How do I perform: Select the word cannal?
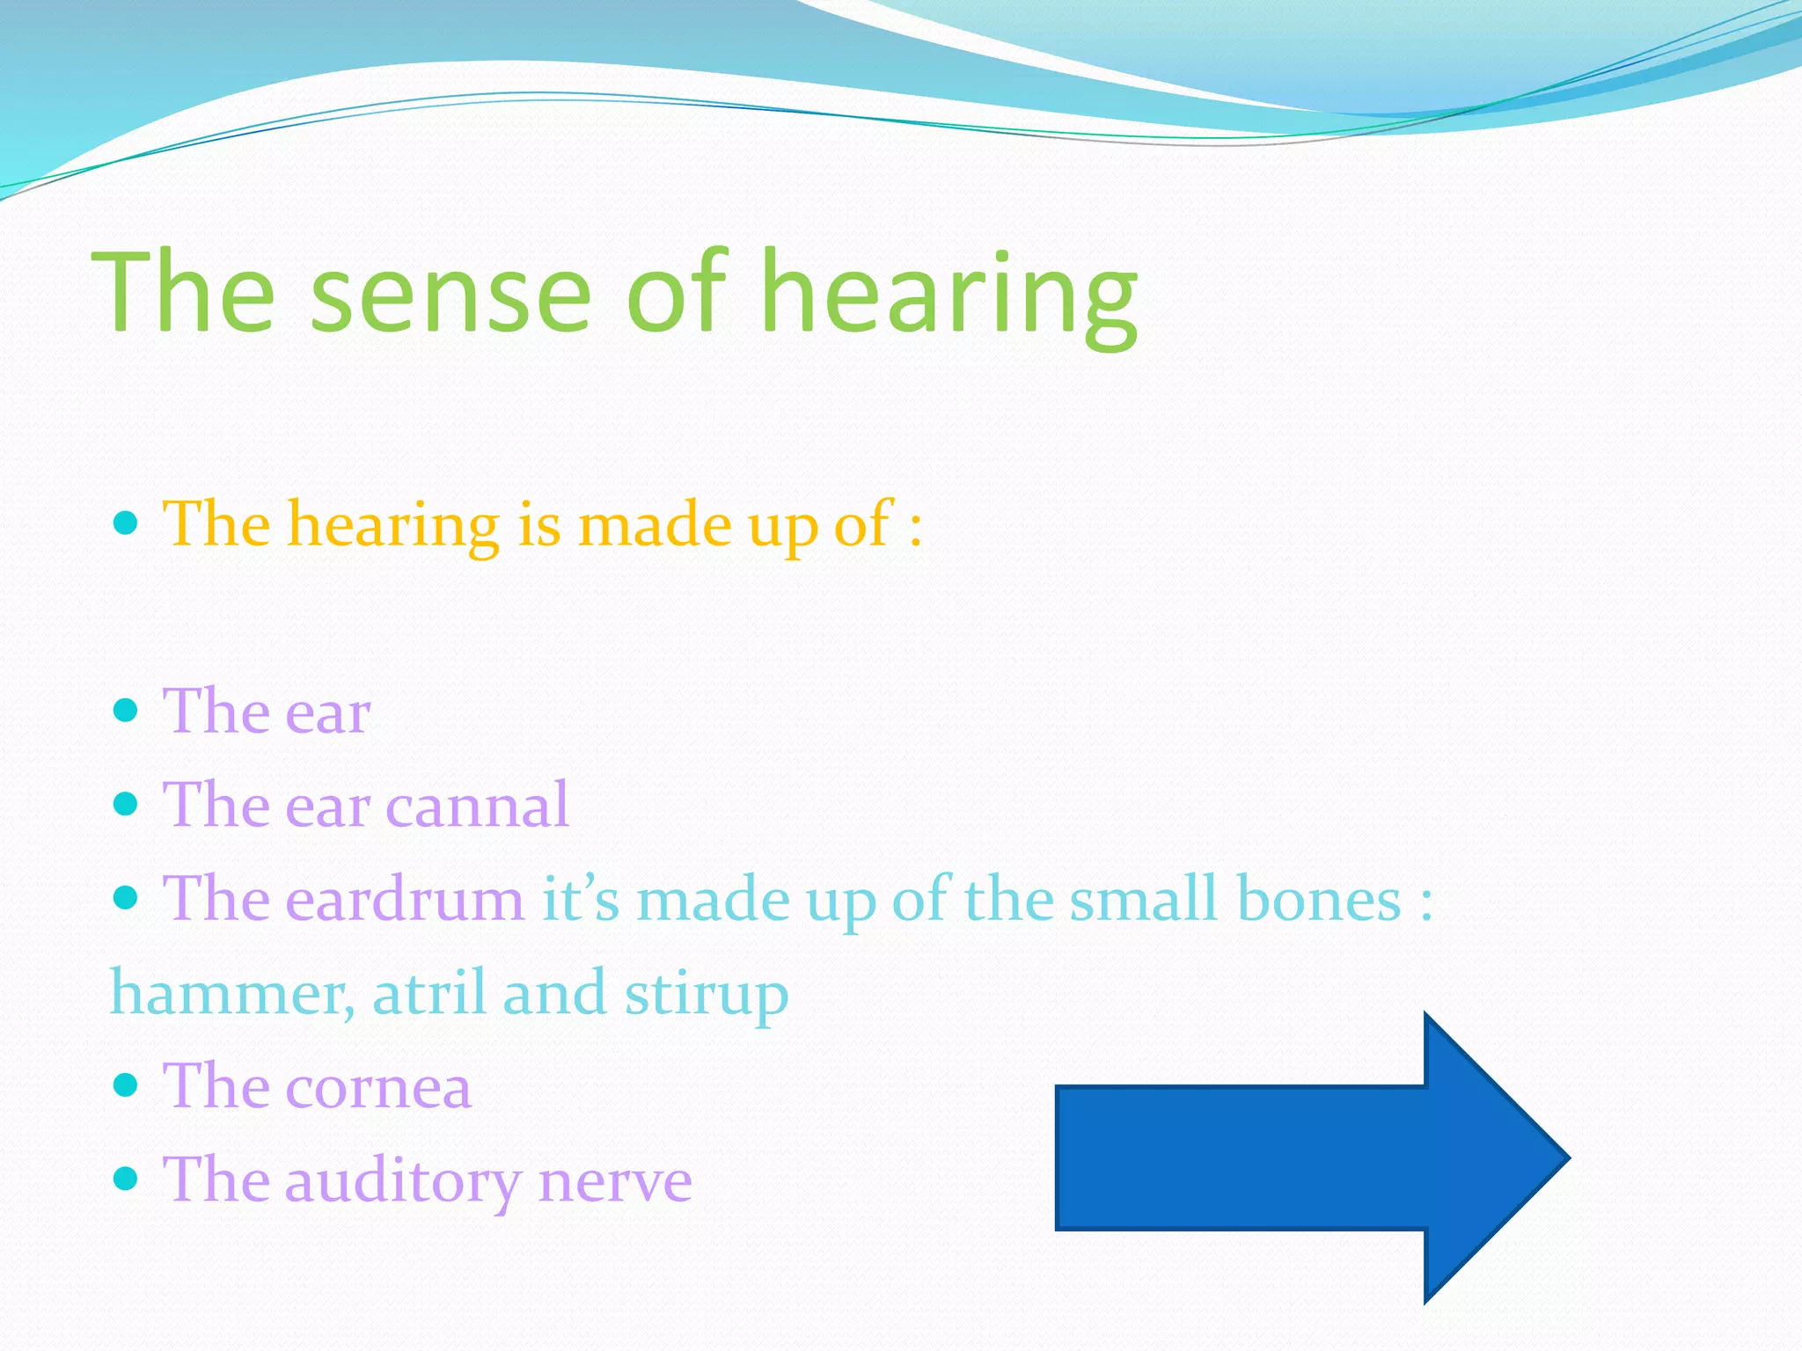coord(478,806)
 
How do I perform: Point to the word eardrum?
coord(405,900)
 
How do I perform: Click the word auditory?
coord(402,1181)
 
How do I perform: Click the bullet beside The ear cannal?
coord(127,803)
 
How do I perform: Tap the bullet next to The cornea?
coord(127,1084)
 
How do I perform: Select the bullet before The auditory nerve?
coord(127,1179)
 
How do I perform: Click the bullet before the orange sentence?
coord(127,524)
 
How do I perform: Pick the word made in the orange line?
coord(655,525)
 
